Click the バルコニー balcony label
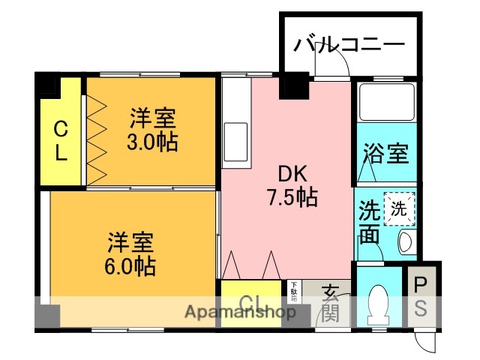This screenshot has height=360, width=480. pos(348,43)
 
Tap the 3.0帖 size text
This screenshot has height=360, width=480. pos(152,142)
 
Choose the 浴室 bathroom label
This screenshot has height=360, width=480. pos(385,154)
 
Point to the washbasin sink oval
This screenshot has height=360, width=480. pos(406,241)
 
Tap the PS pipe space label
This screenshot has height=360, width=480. pos(421,296)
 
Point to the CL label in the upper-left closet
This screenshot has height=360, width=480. pos(61,142)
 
